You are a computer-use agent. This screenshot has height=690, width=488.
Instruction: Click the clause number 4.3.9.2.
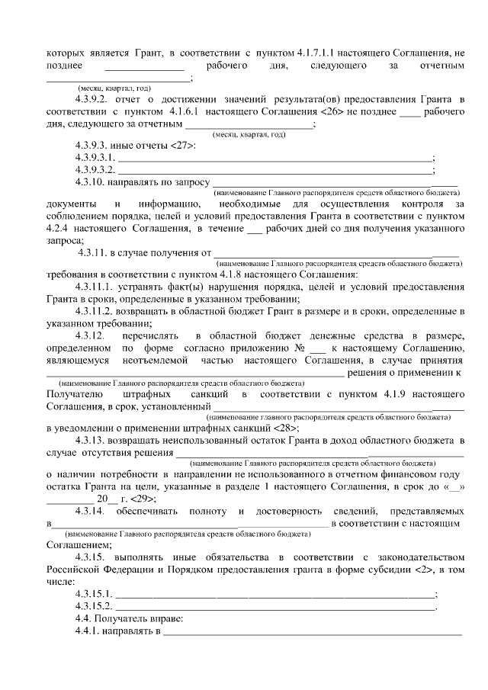pos(92,100)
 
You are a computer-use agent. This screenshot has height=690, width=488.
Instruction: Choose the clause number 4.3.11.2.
pos(95,312)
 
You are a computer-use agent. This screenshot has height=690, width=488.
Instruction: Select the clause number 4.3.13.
pos(90,441)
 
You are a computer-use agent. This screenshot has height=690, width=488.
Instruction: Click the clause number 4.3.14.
pos(90,510)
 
